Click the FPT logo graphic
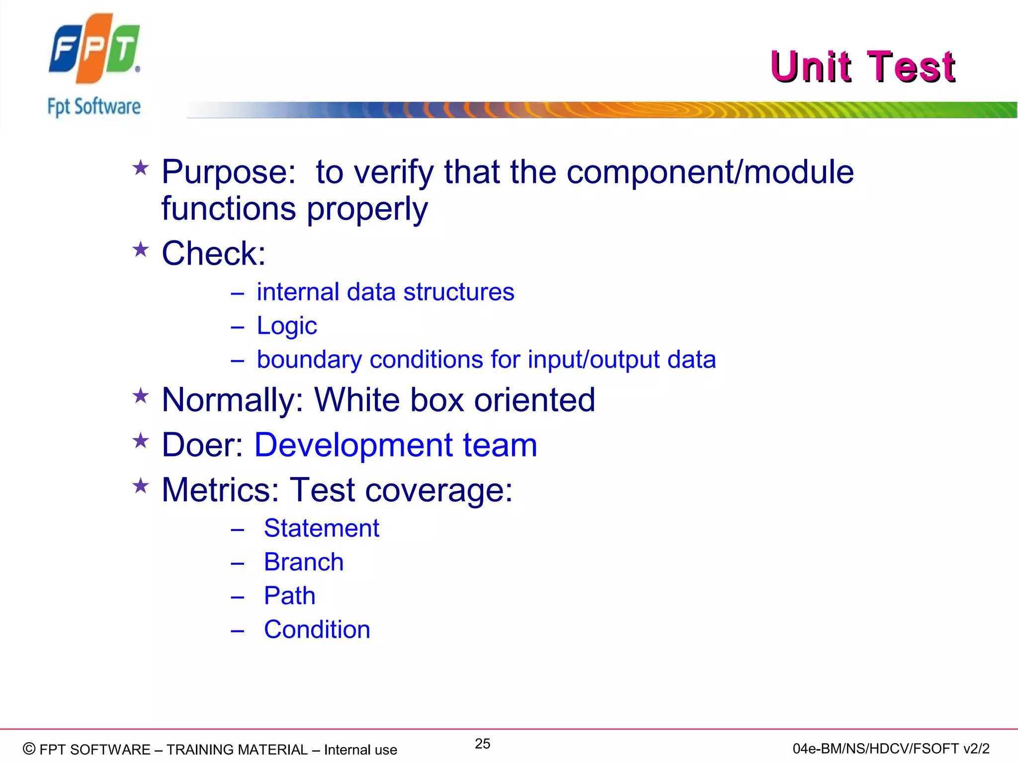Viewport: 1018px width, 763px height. click(94, 48)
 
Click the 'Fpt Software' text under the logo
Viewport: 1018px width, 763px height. click(94, 107)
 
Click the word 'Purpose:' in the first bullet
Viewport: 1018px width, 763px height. click(229, 172)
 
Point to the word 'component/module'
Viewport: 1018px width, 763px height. click(710, 172)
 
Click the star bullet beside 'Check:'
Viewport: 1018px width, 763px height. click(141, 249)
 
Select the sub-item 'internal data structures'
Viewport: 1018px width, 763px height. click(385, 292)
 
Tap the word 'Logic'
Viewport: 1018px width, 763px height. click(286, 326)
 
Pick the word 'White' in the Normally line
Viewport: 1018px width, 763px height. click(356, 400)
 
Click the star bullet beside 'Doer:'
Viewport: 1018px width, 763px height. click(141, 441)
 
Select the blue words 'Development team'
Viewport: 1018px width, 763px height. click(396, 445)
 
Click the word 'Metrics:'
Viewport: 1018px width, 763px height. click(220, 490)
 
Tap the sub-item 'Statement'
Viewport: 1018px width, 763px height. click(321, 528)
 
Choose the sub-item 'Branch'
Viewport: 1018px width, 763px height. click(303, 562)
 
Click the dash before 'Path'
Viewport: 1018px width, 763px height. click(237, 597)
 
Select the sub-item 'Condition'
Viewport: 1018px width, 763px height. click(317, 630)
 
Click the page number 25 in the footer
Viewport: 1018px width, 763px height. click(482, 744)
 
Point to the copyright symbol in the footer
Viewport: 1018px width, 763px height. click(29, 749)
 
